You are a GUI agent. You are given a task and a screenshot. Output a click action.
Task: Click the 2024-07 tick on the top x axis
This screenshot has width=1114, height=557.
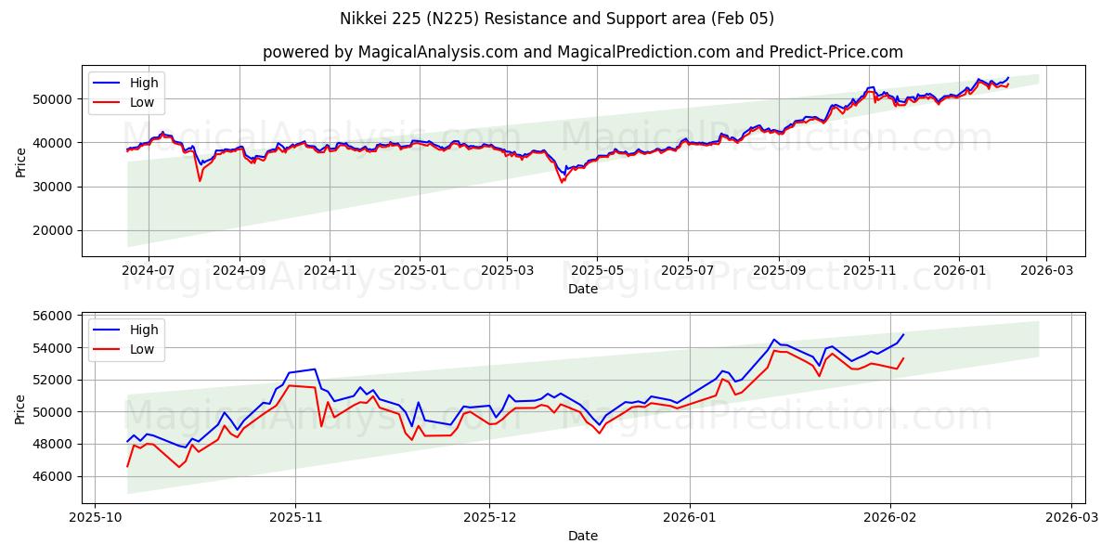pyautogui.click(x=149, y=270)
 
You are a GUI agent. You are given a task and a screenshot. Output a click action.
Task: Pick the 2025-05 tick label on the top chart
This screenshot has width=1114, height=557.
pyautogui.click(x=597, y=270)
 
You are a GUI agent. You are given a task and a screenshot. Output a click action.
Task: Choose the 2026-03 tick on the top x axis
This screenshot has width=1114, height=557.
pyautogui.click(x=1046, y=270)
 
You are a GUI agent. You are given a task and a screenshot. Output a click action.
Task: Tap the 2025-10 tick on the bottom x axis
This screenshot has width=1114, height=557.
pyautogui.click(x=95, y=517)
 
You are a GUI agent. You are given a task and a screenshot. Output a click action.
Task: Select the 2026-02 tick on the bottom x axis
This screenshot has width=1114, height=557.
pyautogui.click(x=890, y=517)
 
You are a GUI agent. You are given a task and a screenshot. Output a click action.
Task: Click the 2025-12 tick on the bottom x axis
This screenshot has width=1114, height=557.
pyautogui.click(x=490, y=517)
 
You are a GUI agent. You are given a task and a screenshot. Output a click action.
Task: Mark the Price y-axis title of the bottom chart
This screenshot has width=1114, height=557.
pyautogui.click(x=21, y=408)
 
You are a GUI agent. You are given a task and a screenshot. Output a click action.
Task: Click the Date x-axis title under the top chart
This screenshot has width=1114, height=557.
pyautogui.click(x=583, y=289)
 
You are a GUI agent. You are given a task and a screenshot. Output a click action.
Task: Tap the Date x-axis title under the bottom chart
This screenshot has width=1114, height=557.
pyautogui.click(x=583, y=536)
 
